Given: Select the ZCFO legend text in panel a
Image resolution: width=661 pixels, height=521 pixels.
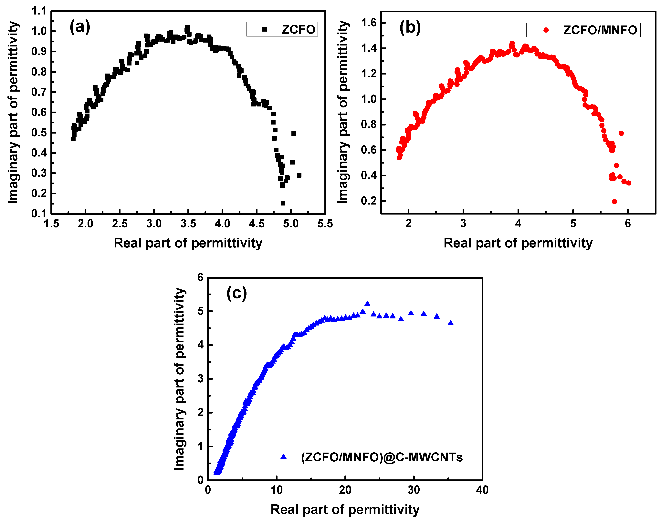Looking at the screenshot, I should (298, 30).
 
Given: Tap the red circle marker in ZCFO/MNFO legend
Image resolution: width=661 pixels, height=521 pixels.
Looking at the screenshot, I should (546, 30).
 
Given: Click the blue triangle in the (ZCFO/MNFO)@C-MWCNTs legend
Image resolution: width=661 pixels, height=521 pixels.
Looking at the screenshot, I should (284, 457).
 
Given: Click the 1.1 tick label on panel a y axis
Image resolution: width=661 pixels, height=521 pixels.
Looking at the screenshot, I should (39, 11).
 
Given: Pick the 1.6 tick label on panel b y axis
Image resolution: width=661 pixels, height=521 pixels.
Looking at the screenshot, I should (369, 23).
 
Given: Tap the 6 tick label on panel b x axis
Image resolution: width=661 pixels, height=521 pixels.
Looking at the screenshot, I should (628, 224).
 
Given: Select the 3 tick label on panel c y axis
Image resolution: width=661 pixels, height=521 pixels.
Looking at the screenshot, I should (200, 379).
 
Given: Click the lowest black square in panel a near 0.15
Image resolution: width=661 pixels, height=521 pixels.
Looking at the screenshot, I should (283, 203).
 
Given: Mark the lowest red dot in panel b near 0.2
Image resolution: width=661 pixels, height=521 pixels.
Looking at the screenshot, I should (614, 202).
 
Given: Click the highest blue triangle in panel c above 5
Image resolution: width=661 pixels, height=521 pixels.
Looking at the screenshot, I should (367, 304).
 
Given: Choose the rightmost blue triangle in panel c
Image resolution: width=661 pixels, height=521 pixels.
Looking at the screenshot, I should (450, 323).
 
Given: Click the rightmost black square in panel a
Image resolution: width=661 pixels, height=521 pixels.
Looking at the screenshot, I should (299, 175).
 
